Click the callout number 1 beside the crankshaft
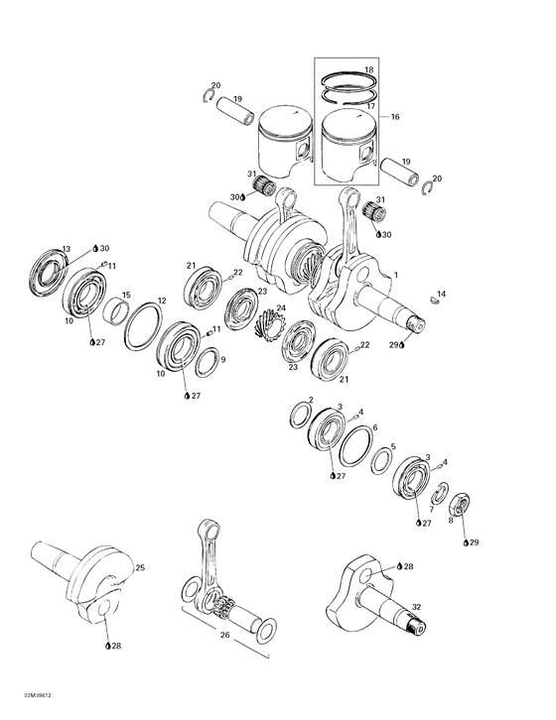(x=396, y=274)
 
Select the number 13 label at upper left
(x=67, y=248)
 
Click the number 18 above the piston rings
(x=368, y=70)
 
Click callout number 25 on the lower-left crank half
(x=139, y=567)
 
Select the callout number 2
(x=311, y=400)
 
